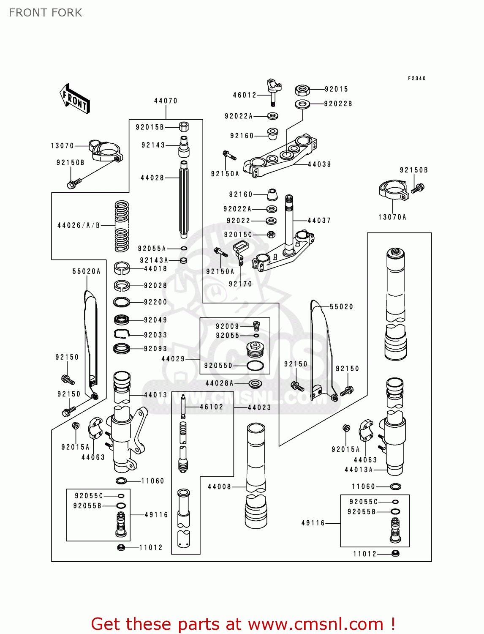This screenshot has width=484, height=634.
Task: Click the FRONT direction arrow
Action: click(75, 98)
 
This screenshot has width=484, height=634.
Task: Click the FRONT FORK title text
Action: click(46, 13)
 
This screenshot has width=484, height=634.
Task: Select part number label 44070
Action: click(166, 101)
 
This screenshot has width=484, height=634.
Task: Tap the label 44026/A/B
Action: click(79, 226)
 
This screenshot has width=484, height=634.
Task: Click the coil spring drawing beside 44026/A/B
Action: click(122, 226)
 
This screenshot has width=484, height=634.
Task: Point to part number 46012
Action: click(245, 95)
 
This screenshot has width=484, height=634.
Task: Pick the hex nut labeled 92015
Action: click(302, 90)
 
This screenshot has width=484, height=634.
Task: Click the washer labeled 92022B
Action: click(302, 104)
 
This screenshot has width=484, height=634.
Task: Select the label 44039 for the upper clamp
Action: click(319, 164)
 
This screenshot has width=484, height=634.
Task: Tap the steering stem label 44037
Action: click(319, 221)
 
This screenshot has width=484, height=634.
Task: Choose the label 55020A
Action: click(87, 271)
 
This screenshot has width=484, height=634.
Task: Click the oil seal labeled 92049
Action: click(122, 320)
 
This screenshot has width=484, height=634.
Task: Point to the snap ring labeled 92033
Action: click(121, 334)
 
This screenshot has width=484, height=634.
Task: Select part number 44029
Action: click(173, 359)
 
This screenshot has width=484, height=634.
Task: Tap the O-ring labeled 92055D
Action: click(255, 366)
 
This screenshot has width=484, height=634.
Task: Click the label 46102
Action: click(211, 407)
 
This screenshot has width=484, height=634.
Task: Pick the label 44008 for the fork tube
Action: click(219, 487)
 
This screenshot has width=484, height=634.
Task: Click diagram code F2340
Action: click(416, 79)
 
